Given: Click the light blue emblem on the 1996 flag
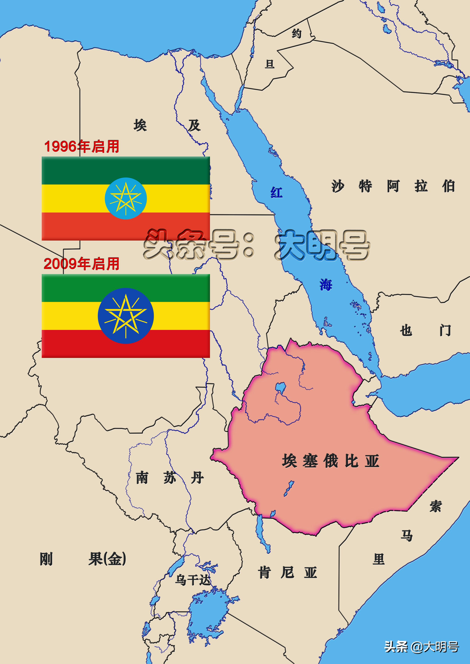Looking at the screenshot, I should (126, 198).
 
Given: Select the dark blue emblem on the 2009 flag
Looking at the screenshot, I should (126, 316).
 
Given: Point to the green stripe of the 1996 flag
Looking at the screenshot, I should (126, 171).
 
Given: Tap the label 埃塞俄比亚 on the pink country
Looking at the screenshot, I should (330, 461).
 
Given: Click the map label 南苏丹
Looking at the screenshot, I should (170, 478).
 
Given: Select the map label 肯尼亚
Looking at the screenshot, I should (287, 573).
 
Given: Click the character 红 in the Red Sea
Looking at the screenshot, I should (277, 193).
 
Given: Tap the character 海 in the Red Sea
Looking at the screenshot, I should (326, 285).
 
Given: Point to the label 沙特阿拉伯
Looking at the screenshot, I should (393, 186).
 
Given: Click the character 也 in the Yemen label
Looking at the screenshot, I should (406, 330).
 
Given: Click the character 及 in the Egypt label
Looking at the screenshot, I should (194, 125).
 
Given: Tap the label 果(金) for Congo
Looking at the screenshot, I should (107, 559).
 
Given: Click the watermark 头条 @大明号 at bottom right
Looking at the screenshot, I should (421, 647).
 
